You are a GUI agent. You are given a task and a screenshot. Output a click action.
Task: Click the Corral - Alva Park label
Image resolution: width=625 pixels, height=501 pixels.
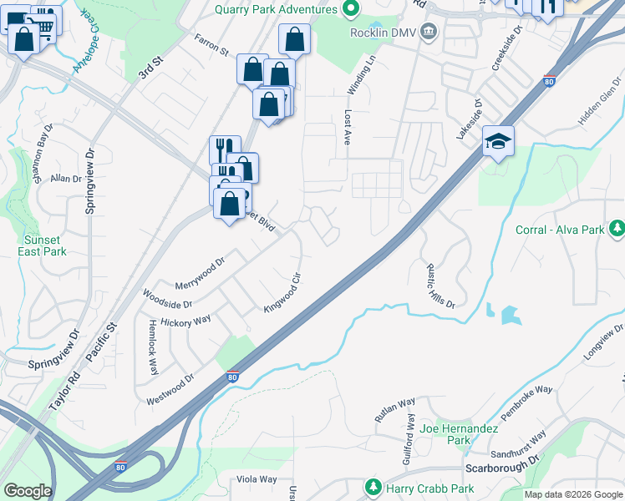coord(559,230)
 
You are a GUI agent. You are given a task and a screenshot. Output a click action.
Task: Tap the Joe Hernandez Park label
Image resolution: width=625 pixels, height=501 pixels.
coord(459,434)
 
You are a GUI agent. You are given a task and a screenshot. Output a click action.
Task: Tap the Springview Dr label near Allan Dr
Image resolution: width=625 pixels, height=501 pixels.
coord(90,181)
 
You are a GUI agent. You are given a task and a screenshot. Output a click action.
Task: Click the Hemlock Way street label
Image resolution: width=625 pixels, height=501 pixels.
coord(153,348)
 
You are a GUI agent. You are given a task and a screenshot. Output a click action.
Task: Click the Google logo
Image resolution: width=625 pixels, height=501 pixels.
coord(28,491)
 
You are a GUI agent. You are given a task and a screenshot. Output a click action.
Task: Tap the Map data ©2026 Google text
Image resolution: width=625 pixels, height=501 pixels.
coord(573,494)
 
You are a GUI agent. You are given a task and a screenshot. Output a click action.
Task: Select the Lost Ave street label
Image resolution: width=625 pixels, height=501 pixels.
coord(346,126)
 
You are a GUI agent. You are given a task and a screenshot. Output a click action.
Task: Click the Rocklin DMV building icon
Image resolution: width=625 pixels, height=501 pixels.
coord(429,32)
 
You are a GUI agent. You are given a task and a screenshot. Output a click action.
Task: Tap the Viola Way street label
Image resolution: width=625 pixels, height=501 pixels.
coord(256,479)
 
